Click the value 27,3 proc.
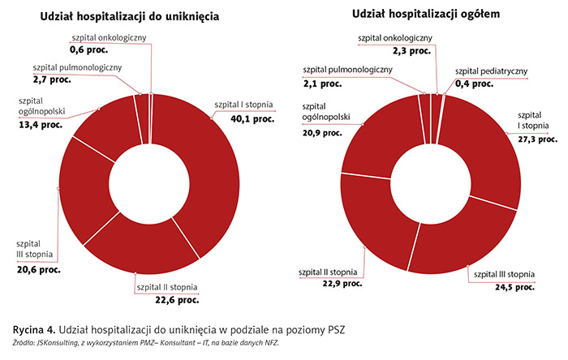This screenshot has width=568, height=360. pyautogui.click(x=536, y=139)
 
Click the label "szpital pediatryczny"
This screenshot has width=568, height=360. pyautogui.click(x=491, y=71)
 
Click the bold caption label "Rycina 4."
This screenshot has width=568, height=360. pyautogui.click(x=33, y=330)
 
